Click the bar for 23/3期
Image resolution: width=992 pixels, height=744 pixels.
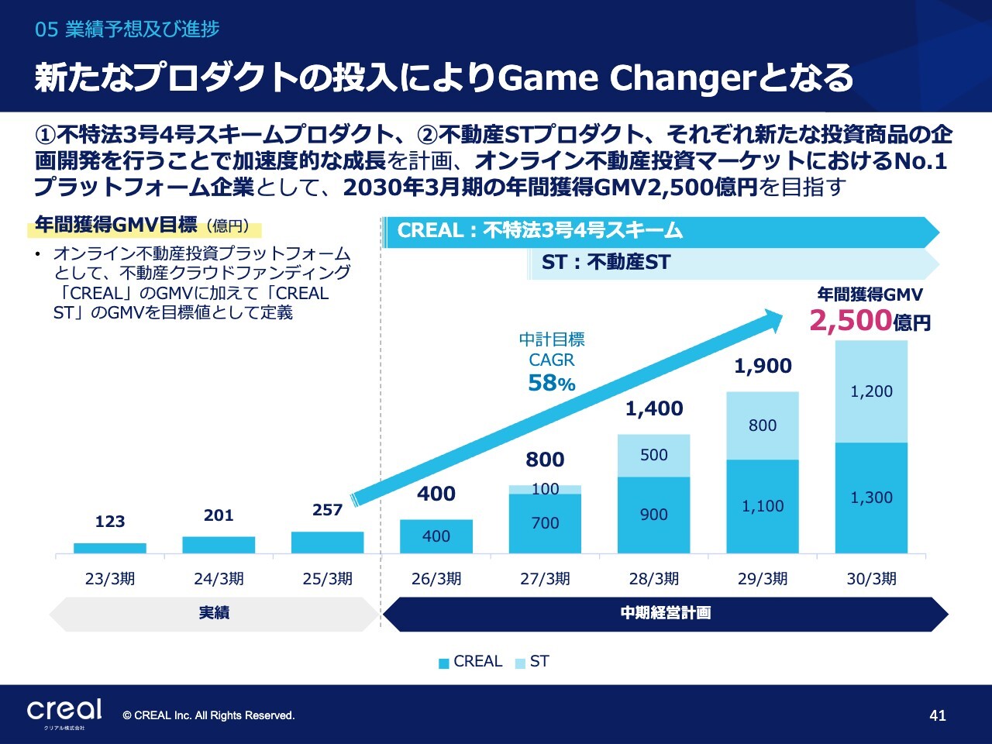coord(110,548)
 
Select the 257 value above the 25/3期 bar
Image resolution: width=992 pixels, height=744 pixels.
coord(327,510)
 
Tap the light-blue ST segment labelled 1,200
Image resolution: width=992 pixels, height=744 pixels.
coord(871,391)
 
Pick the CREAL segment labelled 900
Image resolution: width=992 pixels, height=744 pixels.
coord(653,515)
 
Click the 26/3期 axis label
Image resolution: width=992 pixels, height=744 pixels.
coord(436,579)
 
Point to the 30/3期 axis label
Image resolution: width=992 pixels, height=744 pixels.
coord(871,579)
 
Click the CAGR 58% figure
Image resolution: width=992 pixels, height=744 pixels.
coord(551,383)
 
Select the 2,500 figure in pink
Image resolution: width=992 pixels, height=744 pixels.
coord(850,320)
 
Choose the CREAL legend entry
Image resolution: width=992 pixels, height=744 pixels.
coord(471,662)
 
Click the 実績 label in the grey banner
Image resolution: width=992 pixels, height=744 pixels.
coord(214,613)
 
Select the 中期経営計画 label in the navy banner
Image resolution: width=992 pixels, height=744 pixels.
coord(666,613)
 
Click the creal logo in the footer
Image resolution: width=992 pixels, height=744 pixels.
coord(64,711)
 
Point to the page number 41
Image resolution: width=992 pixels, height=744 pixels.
coord(937,715)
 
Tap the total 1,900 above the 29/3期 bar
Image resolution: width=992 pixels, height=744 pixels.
coord(763,366)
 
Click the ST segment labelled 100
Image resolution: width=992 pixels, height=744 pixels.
coord(545,489)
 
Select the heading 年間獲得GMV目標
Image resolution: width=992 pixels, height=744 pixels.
coord(116,226)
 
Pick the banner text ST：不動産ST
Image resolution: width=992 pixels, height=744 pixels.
coord(606,263)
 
